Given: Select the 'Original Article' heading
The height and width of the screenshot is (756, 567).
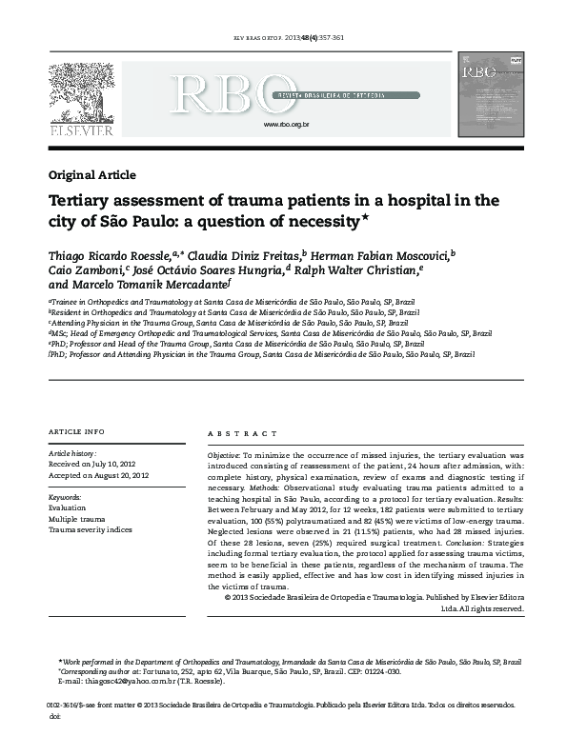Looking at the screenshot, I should pyautogui.click(x=91, y=175).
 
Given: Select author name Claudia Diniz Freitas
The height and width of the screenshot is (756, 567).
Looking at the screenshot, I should pyautogui.click(x=245, y=255).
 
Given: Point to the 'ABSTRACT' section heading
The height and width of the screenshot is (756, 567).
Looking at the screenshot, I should pyautogui.click(x=234, y=433).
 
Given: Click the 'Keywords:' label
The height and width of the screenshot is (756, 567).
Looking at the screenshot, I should pyautogui.click(x=65, y=498).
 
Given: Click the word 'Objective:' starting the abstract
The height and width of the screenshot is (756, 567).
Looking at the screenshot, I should pyautogui.click(x=224, y=457).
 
